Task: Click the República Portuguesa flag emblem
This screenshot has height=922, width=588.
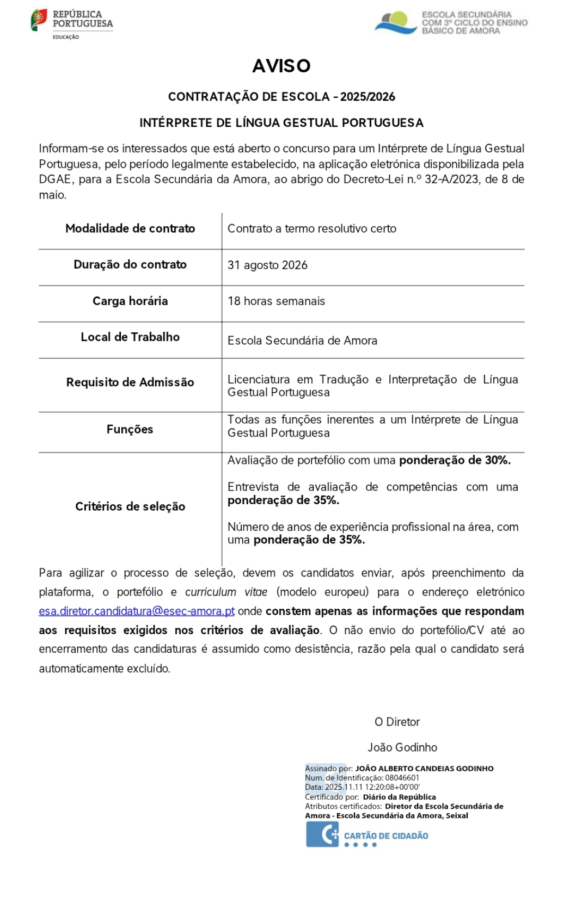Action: pyautogui.click(x=39, y=20)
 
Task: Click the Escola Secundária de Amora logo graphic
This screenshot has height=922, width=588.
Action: pyautogui.click(x=395, y=23)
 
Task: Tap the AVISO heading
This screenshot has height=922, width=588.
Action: pyautogui.click(x=281, y=66)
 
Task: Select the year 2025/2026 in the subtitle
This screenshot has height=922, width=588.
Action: pyautogui.click(x=368, y=97)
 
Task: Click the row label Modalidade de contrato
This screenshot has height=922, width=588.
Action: pyautogui.click(x=130, y=228)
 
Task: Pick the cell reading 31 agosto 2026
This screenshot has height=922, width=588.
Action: pyautogui.click(x=267, y=265)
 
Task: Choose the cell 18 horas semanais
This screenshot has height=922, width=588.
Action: pyautogui.click(x=276, y=301)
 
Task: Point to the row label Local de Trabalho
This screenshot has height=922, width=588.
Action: pyautogui.click(x=130, y=337)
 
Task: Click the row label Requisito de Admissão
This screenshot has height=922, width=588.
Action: pyautogui.click(x=130, y=382)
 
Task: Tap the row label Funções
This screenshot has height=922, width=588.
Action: pyautogui.click(x=130, y=429)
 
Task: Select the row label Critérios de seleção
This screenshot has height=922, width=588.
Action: pyautogui.click(x=130, y=506)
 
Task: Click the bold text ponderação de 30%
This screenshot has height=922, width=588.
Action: pyautogui.click(x=455, y=460)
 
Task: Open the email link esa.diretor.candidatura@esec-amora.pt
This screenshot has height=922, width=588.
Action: pyautogui.click(x=137, y=611)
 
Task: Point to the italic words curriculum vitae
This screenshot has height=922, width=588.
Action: pyautogui.click(x=226, y=592)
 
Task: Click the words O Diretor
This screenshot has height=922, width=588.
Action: pyautogui.click(x=397, y=722)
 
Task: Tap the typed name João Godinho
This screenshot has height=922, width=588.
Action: pyautogui.click(x=402, y=747)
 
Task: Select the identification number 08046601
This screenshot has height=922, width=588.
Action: pyautogui.click(x=402, y=778)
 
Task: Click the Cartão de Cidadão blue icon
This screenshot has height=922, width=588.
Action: pyautogui.click(x=322, y=834)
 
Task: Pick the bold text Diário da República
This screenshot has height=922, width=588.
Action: pyautogui.click(x=399, y=797)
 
